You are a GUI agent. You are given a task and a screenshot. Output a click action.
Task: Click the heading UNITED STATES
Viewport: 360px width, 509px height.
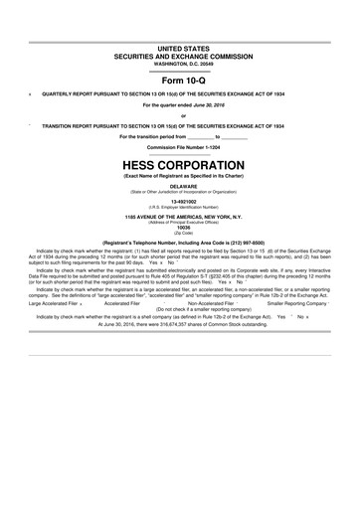[180, 48]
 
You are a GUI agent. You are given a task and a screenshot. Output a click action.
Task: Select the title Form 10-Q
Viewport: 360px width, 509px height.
[180, 80]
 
